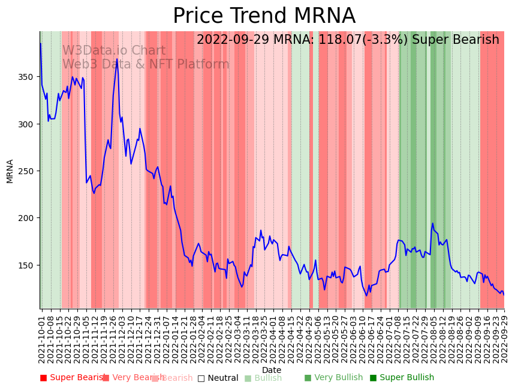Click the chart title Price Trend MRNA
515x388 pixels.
point(264,16)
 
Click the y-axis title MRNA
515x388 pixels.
point(10,171)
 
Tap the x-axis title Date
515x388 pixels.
point(272,370)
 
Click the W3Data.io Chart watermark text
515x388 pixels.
point(114,50)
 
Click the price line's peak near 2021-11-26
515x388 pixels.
point(117,60)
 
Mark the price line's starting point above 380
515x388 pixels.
point(41,44)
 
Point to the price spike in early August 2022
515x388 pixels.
point(432,224)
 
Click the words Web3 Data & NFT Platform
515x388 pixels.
point(146,64)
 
